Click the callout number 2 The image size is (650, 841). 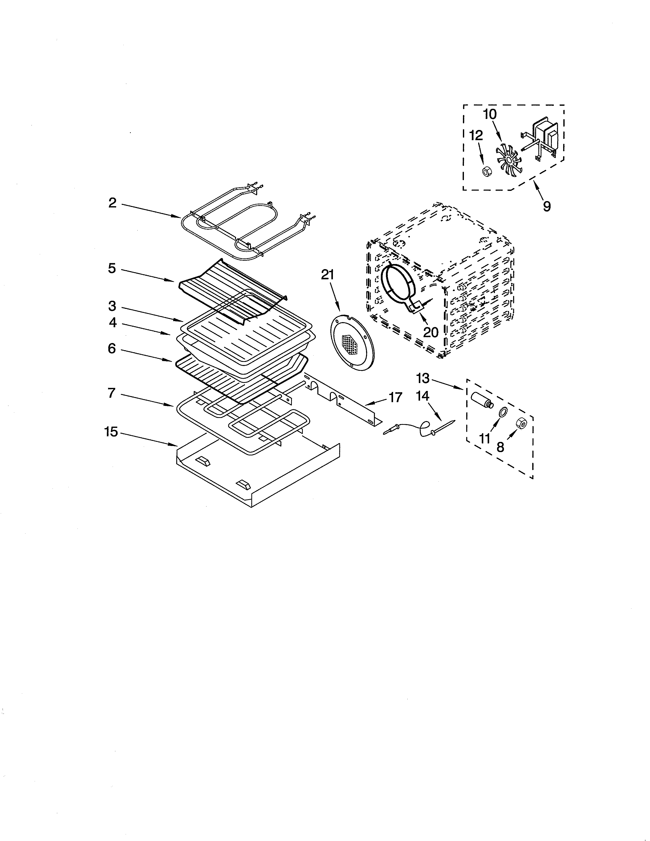click(x=112, y=203)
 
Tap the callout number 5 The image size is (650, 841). click(x=112, y=268)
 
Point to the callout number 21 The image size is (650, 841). click(x=328, y=275)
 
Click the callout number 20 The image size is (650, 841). click(x=431, y=332)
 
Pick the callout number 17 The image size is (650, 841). click(x=395, y=397)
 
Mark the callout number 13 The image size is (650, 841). click(x=423, y=378)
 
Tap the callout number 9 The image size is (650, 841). click(x=547, y=206)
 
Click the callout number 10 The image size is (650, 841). click(x=490, y=114)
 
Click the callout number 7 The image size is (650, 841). click(x=112, y=393)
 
